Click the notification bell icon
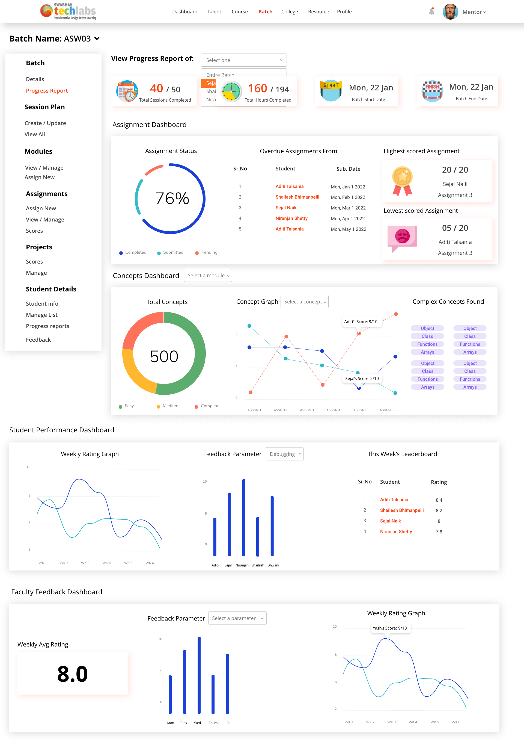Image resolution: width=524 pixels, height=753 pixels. pyautogui.click(x=431, y=12)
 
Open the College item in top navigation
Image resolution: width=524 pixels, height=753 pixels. pyautogui.click(x=289, y=12)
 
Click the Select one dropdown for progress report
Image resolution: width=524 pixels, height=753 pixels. pyautogui.click(x=243, y=60)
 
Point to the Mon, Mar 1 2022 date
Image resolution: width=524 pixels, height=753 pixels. pyautogui.click(x=348, y=208)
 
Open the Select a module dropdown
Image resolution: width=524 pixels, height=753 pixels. pyautogui.click(x=208, y=276)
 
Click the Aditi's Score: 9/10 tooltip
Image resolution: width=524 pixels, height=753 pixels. pyautogui.click(x=361, y=322)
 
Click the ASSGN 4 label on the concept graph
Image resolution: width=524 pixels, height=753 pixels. pyautogui.click(x=333, y=410)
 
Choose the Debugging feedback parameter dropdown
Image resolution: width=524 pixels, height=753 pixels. pyautogui.click(x=284, y=454)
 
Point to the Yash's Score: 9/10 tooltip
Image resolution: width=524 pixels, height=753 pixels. pyautogui.click(x=389, y=628)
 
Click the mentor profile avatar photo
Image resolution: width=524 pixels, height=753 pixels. pyautogui.click(x=450, y=12)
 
